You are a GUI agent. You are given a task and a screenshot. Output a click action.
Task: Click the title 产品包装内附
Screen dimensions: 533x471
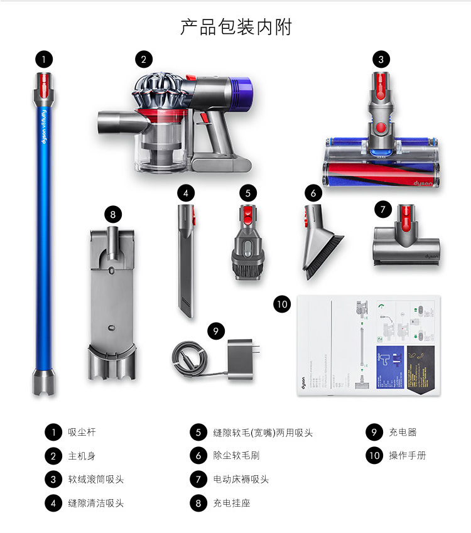click(x=235, y=27)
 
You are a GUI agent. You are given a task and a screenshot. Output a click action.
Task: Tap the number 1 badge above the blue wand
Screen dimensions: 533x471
click(x=43, y=60)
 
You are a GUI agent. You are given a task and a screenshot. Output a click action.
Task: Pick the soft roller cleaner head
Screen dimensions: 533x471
click(x=381, y=157)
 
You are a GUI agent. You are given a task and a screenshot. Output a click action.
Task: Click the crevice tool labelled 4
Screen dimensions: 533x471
click(x=186, y=264)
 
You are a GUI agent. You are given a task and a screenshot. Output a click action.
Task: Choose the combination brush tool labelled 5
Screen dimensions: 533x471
click(x=247, y=245)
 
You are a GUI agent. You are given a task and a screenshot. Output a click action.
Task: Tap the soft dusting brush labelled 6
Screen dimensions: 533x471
click(x=322, y=242)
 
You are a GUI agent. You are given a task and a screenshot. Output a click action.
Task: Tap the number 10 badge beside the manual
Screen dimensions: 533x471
click(x=283, y=304)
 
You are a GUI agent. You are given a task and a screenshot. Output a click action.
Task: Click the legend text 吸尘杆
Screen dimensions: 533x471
click(x=82, y=433)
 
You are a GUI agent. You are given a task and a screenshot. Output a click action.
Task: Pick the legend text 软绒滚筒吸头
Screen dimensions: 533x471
click(x=96, y=480)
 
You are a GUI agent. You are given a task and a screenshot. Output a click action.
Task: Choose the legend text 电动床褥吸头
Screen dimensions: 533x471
click(x=241, y=480)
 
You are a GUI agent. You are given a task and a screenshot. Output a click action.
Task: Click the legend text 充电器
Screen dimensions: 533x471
click(x=403, y=433)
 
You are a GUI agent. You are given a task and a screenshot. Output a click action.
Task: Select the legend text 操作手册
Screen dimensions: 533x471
click(x=407, y=456)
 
